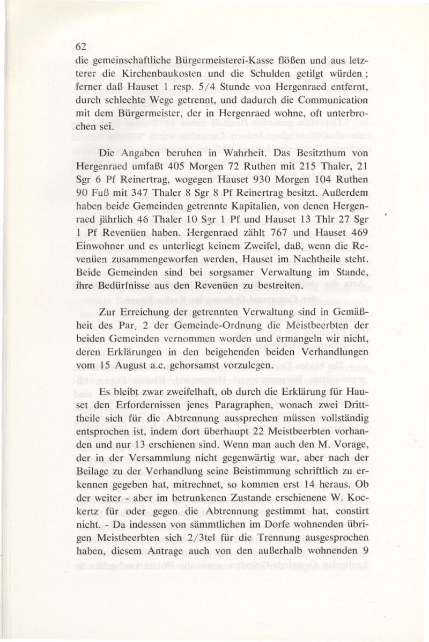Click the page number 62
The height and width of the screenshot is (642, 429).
click(82, 47)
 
